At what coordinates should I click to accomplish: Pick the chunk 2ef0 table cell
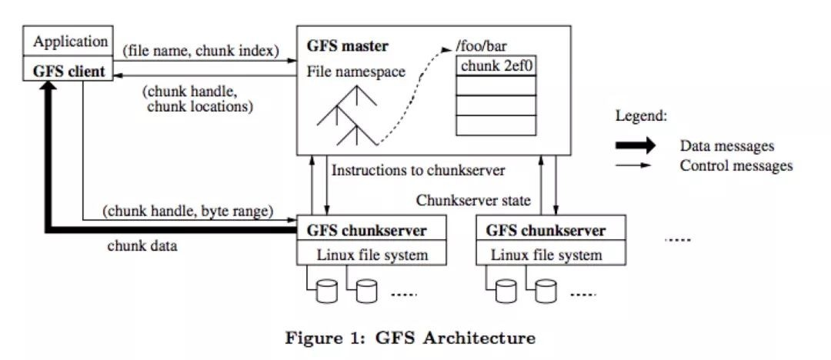click(x=497, y=66)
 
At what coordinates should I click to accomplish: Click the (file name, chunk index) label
click(x=201, y=52)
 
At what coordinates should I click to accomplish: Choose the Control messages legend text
click(x=736, y=165)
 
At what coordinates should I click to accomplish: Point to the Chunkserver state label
click(x=473, y=201)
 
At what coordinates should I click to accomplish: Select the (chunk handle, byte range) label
click(x=189, y=210)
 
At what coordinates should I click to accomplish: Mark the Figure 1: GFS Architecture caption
click(x=410, y=338)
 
